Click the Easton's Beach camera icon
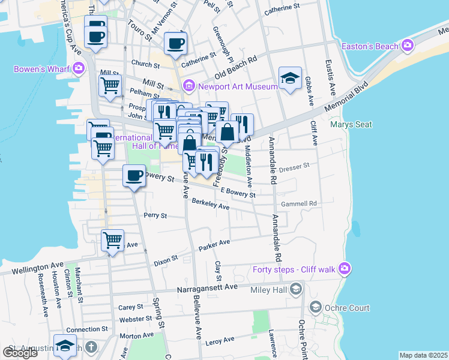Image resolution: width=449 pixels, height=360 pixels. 408,46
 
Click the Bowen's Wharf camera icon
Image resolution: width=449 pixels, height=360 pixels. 79,68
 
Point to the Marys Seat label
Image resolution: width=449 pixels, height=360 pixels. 351,125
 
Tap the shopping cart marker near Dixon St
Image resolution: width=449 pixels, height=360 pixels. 112,241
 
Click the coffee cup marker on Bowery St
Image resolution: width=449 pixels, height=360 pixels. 134,176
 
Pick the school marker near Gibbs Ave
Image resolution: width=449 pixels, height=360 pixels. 290,78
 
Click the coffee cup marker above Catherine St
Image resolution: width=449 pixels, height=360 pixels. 175,43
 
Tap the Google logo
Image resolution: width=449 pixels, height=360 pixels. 20,353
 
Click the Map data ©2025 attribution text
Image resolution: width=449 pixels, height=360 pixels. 424,355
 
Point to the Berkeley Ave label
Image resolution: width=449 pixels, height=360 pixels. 211,205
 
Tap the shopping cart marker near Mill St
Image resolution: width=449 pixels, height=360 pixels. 110,86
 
